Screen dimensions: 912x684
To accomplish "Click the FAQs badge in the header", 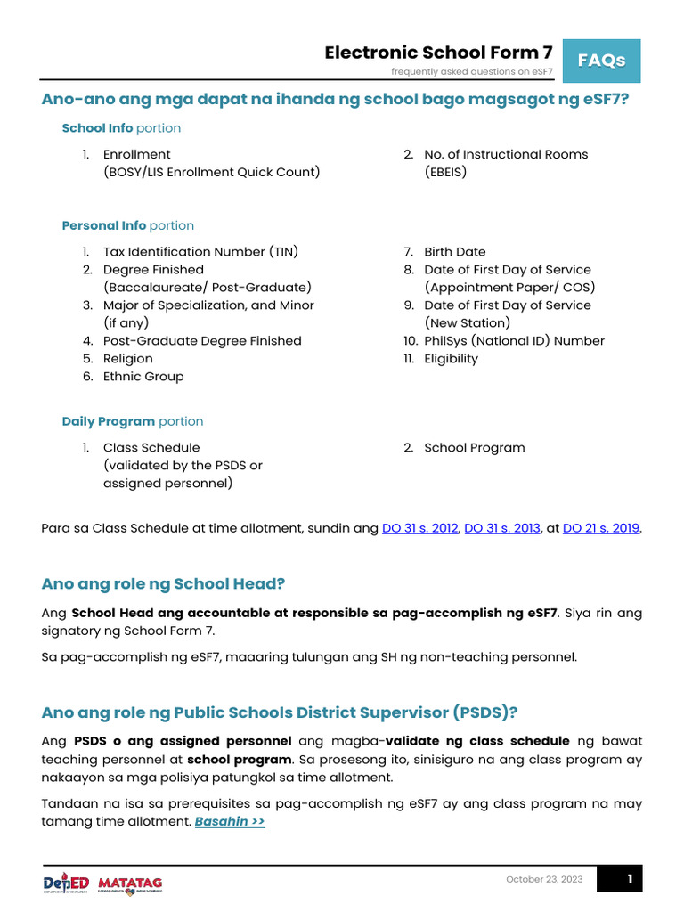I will [x=601, y=61].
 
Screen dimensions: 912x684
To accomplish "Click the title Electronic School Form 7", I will [x=438, y=53].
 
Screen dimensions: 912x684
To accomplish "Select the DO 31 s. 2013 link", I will [x=502, y=528].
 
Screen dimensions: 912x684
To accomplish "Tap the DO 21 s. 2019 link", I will [x=601, y=528].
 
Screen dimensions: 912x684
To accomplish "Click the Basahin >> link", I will [x=230, y=821].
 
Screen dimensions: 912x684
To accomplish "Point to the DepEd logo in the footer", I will [x=66, y=883].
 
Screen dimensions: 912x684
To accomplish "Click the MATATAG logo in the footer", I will [x=130, y=883].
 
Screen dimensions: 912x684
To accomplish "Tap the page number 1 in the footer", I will [x=629, y=880].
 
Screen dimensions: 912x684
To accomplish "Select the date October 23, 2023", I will [x=544, y=880].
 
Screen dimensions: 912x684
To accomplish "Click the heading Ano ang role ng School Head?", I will [x=163, y=583].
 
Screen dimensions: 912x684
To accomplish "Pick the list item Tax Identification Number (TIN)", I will [x=200, y=252].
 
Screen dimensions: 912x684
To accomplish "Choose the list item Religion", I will [x=127, y=359].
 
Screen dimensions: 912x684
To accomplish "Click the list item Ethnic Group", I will [x=143, y=377].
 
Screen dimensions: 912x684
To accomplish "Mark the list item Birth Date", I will [x=454, y=252].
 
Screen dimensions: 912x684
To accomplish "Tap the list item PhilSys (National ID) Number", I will [x=514, y=341].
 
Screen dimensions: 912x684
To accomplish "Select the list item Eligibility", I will [x=451, y=359].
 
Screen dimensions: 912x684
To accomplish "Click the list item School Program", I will [x=474, y=448].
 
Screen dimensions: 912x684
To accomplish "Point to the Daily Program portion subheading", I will [x=133, y=421].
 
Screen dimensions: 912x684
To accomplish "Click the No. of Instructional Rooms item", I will [x=506, y=154].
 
